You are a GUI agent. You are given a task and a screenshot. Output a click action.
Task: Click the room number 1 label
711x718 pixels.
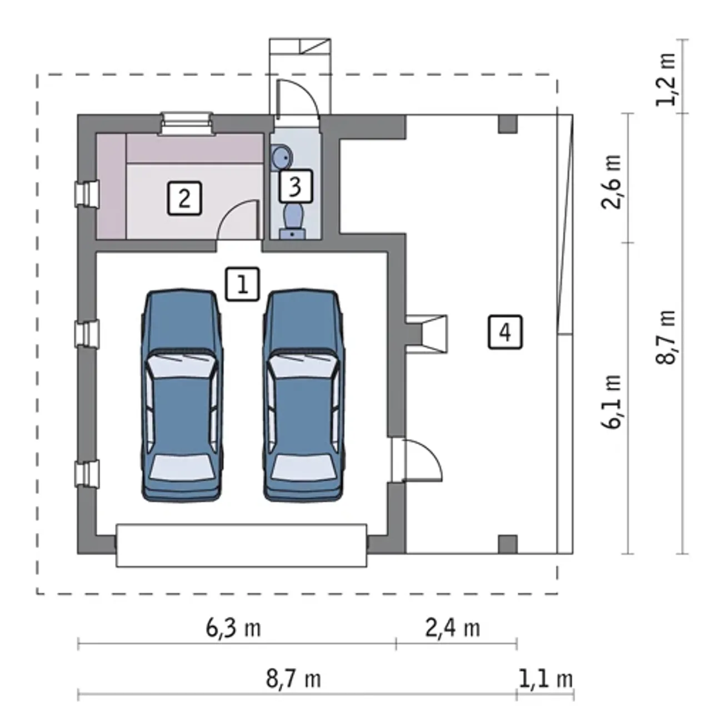(x=242, y=284)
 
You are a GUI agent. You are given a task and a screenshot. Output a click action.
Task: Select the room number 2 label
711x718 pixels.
(x=184, y=198)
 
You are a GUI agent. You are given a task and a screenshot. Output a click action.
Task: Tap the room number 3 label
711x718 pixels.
(x=296, y=185)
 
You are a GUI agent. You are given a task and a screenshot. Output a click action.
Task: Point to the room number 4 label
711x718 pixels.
(x=505, y=332)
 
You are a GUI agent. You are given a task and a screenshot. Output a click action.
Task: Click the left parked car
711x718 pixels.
(x=182, y=395)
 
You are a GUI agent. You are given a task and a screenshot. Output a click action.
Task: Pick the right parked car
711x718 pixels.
(x=303, y=395)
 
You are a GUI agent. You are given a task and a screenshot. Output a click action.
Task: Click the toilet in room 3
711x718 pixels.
(x=293, y=220)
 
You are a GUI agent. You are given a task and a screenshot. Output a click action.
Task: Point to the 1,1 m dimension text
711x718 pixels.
(x=545, y=679)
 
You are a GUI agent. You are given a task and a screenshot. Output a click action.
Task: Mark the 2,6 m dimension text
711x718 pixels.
(x=612, y=182)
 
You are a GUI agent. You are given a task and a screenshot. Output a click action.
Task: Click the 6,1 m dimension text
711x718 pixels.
(x=612, y=402)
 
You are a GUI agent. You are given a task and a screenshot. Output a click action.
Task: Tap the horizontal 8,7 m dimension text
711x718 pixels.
(x=293, y=679)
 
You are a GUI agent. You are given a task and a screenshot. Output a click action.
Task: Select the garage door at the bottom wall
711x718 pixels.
(x=241, y=545)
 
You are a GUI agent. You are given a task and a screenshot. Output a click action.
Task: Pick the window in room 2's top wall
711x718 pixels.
(x=186, y=123)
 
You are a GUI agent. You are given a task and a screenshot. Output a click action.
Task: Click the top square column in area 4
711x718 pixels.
(x=508, y=124)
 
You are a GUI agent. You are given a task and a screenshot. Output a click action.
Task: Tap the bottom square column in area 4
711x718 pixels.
(x=508, y=544)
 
